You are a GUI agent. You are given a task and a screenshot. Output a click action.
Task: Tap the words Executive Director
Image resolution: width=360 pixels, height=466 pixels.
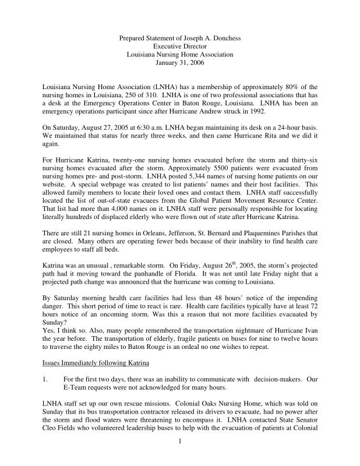click(180, 46)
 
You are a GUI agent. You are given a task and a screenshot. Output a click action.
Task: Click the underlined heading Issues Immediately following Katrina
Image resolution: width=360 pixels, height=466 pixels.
click(96, 363)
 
